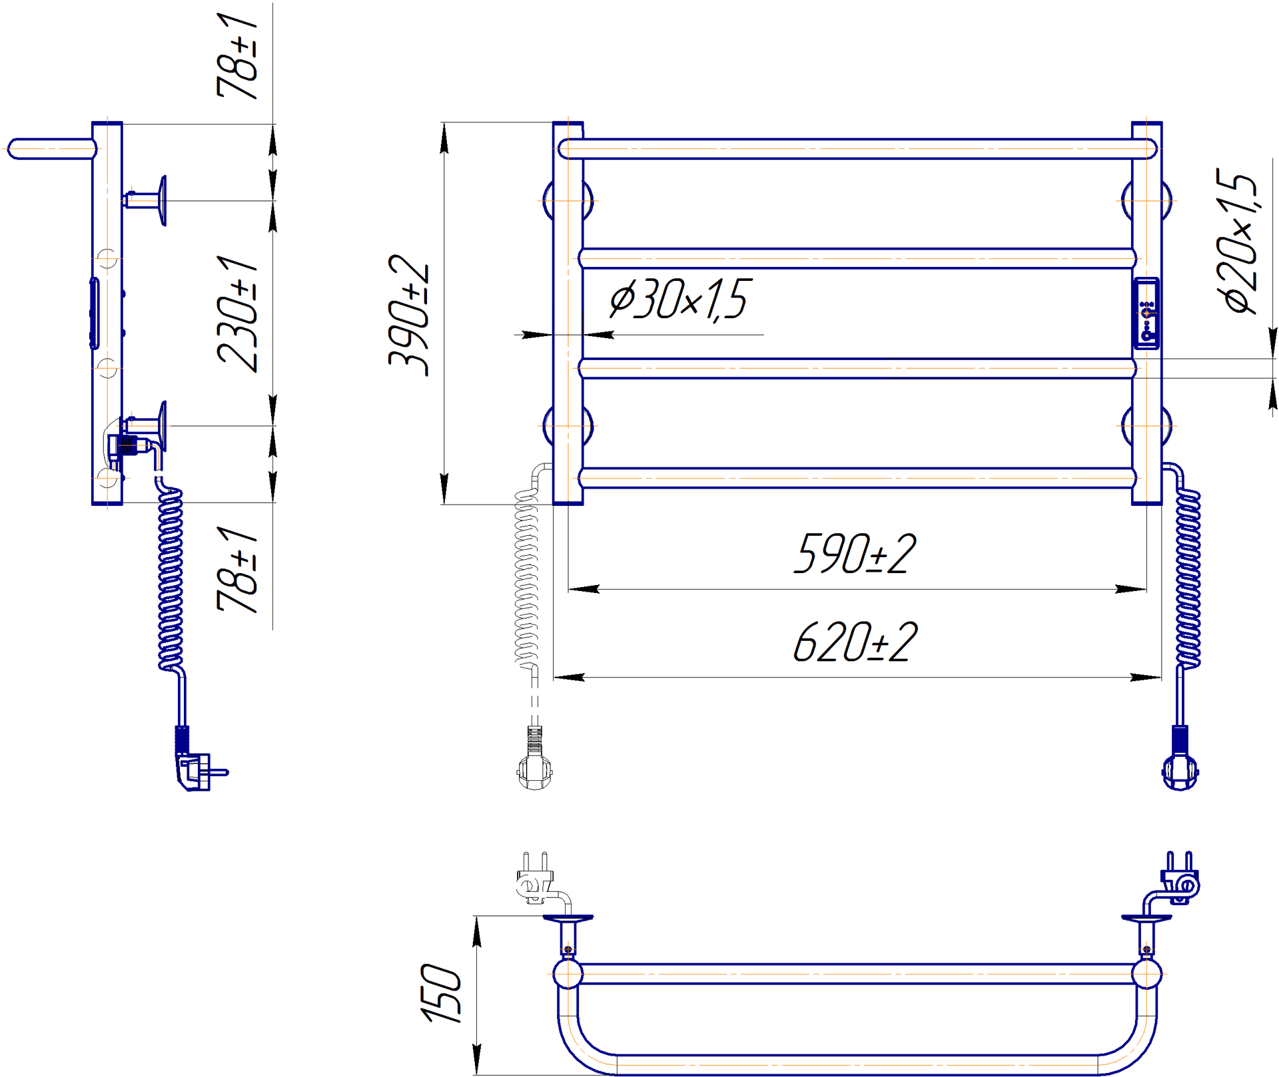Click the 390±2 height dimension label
[x=409, y=316]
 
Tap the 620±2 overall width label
[x=855, y=642]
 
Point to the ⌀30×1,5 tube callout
[x=680, y=300]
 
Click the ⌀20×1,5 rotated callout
[x=1240, y=240]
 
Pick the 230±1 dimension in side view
[x=238, y=314]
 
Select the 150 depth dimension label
[x=441, y=993]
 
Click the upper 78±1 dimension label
[x=238, y=56]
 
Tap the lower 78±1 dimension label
[x=238, y=570]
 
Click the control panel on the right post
[x=1146, y=314]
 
